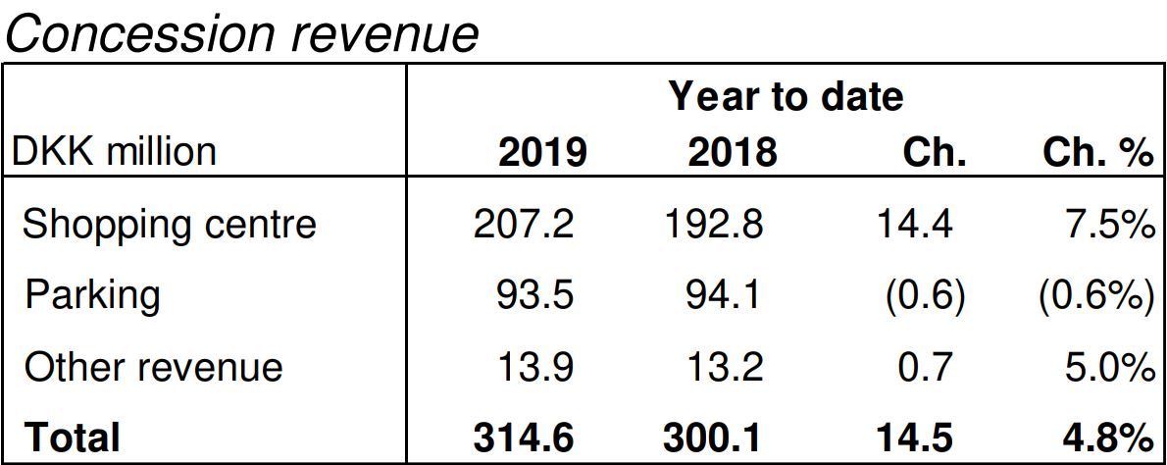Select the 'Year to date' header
click(x=786, y=96)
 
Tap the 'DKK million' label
click(x=113, y=152)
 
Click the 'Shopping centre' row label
click(x=170, y=225)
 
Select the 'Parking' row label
click(x=92, y=295)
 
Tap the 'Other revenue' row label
click(x=154, y=367)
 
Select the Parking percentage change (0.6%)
click(x=1094, y=295)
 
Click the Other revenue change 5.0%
click(x=1107, y=367)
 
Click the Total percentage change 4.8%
click(x=1105, y=438)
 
